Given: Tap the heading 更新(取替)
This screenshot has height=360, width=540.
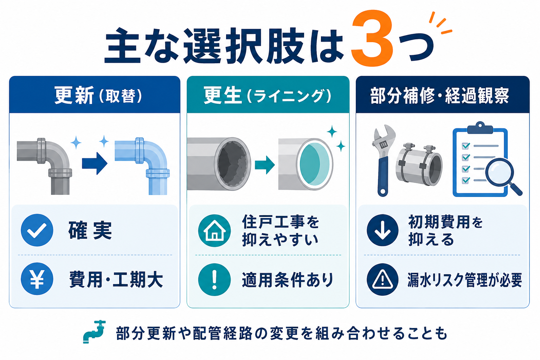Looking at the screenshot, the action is [x=98, y=96].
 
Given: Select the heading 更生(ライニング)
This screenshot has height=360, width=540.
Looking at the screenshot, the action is [x=268, y=96].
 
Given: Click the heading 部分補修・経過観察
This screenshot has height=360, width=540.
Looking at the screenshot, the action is [x=440, y=96].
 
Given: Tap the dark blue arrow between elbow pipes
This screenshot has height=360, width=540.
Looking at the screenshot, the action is [x=95, y=163].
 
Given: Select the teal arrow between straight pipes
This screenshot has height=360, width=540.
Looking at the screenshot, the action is [x=265, y=165].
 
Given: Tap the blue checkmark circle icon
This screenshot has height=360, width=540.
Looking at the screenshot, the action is [x=37, y=230].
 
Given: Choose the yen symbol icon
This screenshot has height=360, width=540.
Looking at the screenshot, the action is [x=37, y=279].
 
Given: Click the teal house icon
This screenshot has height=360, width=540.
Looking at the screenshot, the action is [x=214, y=231].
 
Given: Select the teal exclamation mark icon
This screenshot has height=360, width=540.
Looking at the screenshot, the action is [x=214, y=280].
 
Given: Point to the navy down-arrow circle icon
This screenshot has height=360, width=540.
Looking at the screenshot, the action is [x=382, y=230].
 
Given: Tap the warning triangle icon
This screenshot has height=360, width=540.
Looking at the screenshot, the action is [x=382, y=279].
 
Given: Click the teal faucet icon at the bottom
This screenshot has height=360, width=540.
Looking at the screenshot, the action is [x=94, y=332].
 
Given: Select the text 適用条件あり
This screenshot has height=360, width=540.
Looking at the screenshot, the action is [x=288, y=280].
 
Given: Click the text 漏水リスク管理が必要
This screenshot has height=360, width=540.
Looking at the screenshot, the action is [x=465, y=280].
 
